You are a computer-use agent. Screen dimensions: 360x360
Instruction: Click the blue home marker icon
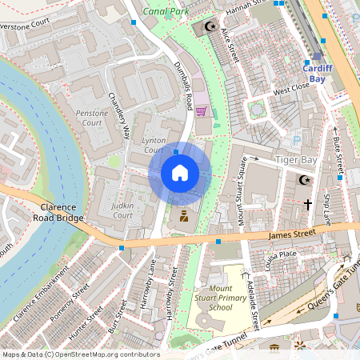coord(180,173)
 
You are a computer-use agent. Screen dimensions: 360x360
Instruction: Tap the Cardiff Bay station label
coord(318,73)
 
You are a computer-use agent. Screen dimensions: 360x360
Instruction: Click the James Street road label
coord(286,234)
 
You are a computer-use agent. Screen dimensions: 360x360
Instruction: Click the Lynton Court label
coord(154,146)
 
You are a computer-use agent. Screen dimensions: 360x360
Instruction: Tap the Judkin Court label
coord(122,210)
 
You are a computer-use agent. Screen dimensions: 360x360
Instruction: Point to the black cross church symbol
coord(307,205)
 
